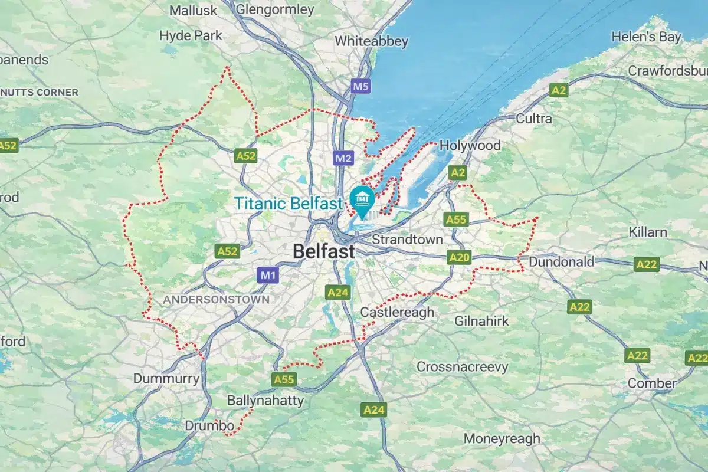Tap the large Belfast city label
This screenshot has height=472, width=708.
point(324,251)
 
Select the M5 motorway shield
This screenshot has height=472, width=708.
point(360,87)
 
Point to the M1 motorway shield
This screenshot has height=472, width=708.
point(267,275)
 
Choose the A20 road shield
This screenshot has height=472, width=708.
point(459,257)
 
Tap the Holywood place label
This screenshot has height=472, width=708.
point(470,145)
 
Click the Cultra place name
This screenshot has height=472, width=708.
point(534,119)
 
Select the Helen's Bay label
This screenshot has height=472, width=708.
point(646,37)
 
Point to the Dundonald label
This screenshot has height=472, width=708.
point(562,261)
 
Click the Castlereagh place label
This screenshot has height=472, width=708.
point(397,312)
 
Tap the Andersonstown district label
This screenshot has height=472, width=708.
point(216,300)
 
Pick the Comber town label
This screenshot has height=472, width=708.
point(652,383)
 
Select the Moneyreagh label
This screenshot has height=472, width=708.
point(501,438)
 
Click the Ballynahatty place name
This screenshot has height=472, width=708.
point(265,401)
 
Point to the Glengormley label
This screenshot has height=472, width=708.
point(274,9)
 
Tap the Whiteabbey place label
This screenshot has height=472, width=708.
point(372,41)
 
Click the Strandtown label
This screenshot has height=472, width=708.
point(407,240)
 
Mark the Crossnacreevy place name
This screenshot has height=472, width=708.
point(462,367)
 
